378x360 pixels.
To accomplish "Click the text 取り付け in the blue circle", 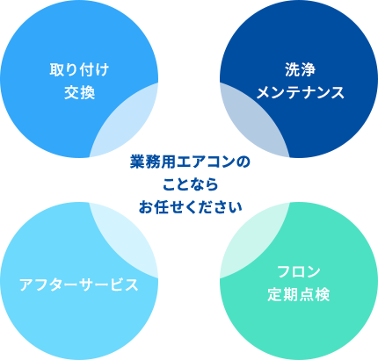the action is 79,70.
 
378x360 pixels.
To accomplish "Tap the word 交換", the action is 79,93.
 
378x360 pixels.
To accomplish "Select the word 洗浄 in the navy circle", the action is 300,70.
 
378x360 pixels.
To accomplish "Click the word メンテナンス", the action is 300,93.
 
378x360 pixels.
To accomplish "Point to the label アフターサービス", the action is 79,284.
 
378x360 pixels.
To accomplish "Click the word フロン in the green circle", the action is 299,272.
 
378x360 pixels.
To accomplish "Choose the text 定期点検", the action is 299,295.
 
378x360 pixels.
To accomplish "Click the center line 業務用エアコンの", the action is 190,162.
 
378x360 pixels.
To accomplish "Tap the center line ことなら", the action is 191,184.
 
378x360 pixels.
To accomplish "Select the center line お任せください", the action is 191,207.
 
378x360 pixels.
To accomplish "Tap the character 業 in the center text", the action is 137,162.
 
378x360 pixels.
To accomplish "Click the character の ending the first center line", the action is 244,162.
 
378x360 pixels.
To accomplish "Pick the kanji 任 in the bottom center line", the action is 160,207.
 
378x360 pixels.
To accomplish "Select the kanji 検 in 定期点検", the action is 323,295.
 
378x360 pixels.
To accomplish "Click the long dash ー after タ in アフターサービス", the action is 71,285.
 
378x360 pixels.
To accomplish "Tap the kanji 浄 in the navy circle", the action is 309,70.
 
